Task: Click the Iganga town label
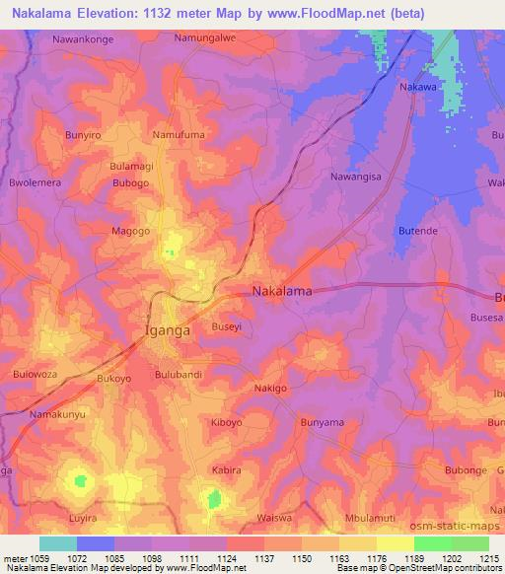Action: (x=168, y=331)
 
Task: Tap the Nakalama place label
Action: (x=282, y=292)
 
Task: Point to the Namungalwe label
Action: (x=205, y=38)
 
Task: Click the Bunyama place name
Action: (x=322, y=423)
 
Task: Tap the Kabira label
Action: (x=226, y=470)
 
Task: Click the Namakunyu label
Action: (x=57, y=415)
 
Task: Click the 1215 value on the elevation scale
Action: (x=488, y=558)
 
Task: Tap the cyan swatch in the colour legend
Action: (x=57, y=543)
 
